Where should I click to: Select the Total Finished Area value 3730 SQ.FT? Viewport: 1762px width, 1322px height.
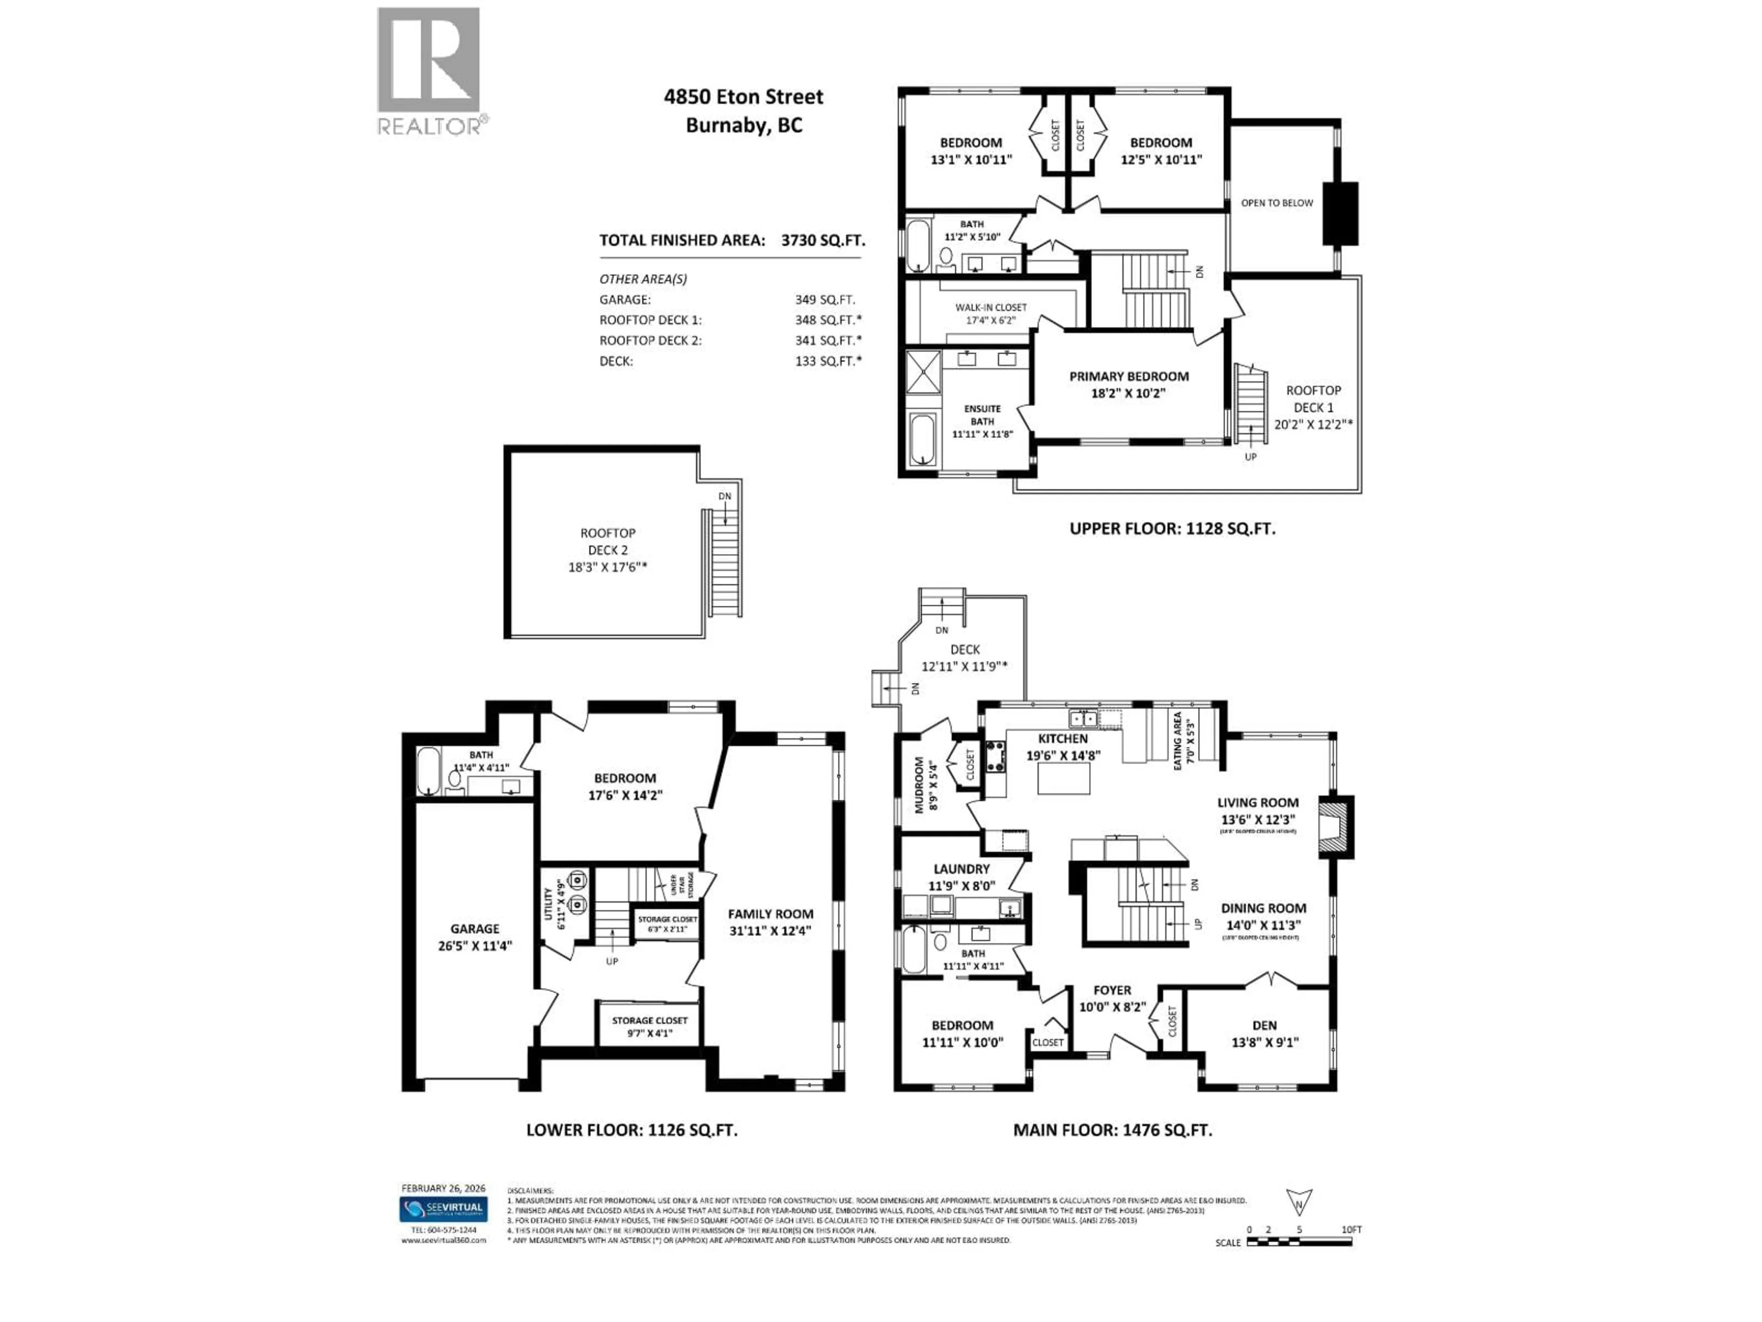point(822,241)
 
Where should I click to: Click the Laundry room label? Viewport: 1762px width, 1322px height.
point(961,869)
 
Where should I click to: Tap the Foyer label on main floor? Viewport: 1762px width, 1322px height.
point(1112,991)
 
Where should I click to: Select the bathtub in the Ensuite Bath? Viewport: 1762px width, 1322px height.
point(923,439)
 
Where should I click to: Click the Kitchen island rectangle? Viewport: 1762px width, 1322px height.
point(1064,779)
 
